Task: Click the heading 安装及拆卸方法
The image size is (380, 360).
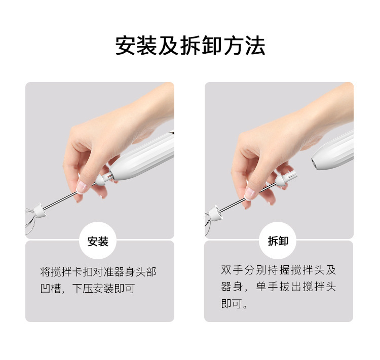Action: pos(190,46)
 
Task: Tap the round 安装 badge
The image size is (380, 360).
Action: pos(98,241)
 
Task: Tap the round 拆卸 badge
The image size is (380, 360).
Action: pos(277,241)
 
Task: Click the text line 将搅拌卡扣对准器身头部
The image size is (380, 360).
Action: pos(98,272)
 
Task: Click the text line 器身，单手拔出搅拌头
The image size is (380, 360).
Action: pos(278,287)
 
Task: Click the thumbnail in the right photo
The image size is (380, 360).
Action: pos(250,193)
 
